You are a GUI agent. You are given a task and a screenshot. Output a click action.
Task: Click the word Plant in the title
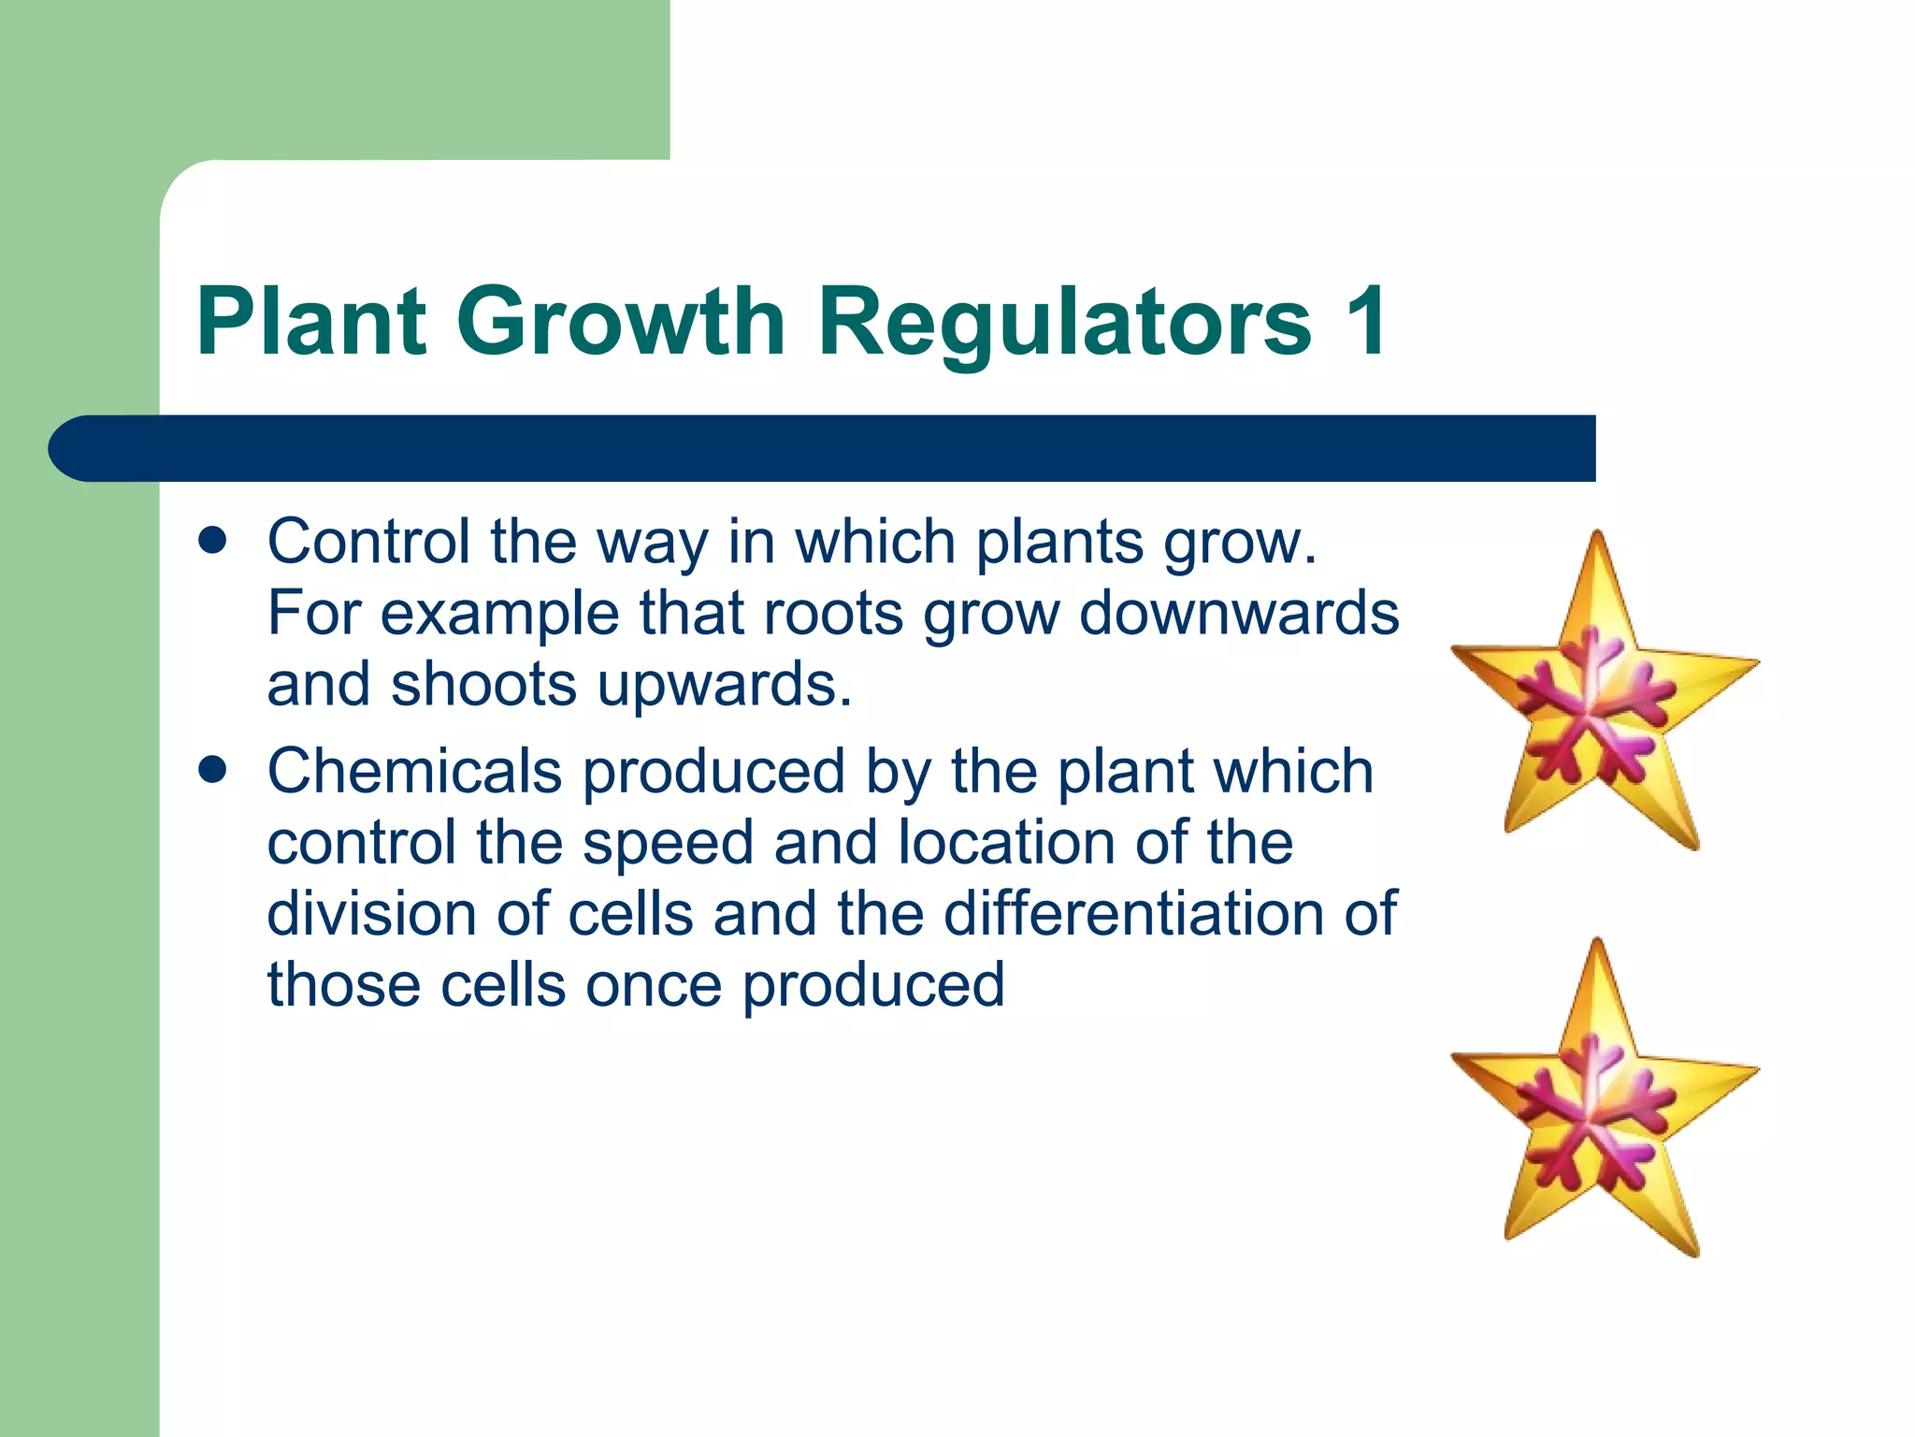311,321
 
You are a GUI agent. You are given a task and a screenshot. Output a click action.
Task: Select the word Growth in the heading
621,321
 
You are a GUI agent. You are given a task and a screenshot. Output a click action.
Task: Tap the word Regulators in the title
1065,321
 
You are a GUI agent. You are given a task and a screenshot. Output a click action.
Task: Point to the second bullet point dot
213,770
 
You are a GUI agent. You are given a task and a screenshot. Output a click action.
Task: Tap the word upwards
725,684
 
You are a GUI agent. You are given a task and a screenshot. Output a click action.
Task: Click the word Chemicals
414,771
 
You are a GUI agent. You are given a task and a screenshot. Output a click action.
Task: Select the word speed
668,842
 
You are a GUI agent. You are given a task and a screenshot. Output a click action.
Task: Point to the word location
1006,842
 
